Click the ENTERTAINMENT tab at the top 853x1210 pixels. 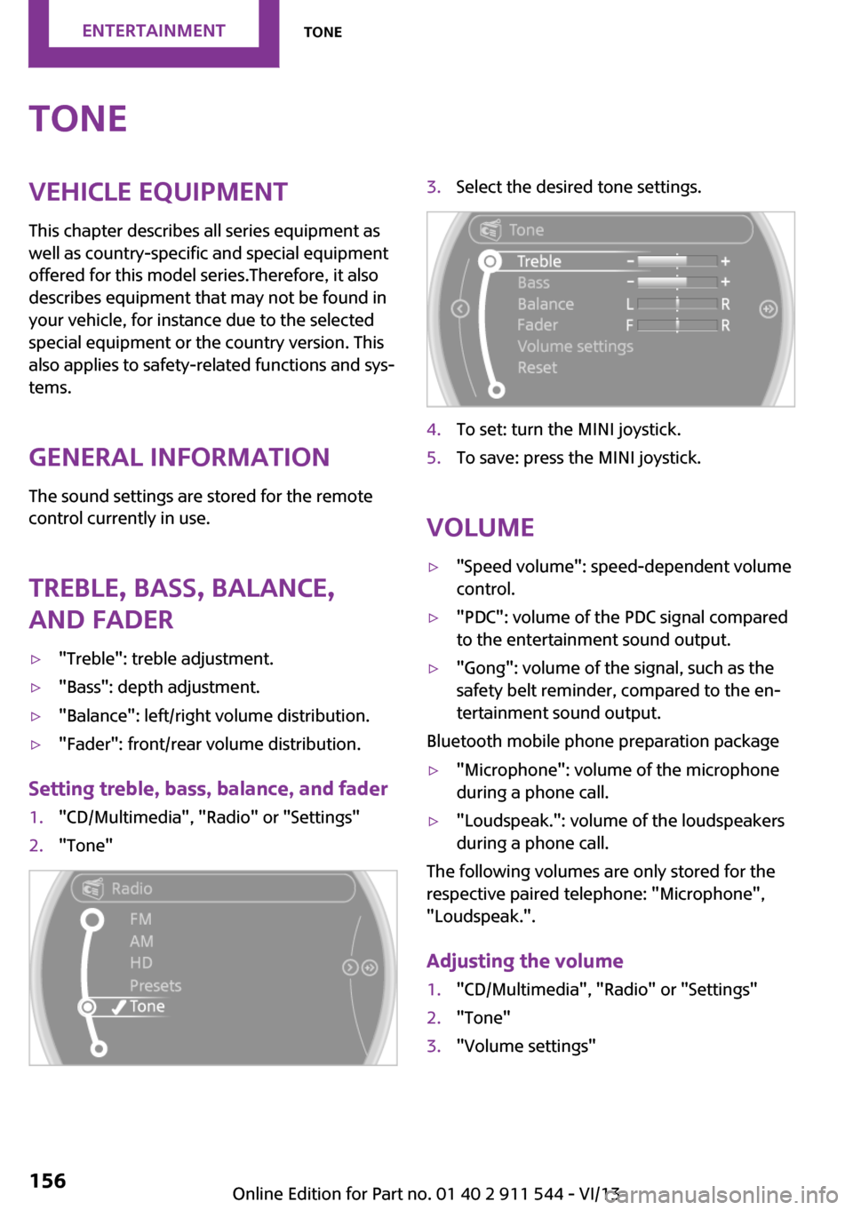[x=154, y=31]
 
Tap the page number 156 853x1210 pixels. [x=48, y=1181]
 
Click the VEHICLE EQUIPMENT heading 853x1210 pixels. [x=158, y=192]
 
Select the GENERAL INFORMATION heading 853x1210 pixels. [x=179, y=458]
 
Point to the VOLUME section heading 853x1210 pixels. [x=480, y=528]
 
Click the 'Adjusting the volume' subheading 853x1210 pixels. [x=524, y=961]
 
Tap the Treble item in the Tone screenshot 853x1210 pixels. [x=539, y=261]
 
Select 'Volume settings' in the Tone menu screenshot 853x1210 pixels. [x=575, y=346]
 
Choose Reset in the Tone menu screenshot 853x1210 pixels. [x=538, y=368]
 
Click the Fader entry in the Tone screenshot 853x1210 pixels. [x=538, y=325]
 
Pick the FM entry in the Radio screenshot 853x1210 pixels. [x=140, y=919]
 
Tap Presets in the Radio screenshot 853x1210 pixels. [x=155, y=985]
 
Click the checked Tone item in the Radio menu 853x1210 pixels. [x=147, y=1007]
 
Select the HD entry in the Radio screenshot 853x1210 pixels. [x=141, y=963]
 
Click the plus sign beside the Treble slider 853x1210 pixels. [x=726, y=261]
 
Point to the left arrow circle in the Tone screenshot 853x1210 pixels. [x=460, y=308]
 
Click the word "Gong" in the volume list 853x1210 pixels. [x=484, y=668]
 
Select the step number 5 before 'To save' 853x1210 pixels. [x=434, y=458]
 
